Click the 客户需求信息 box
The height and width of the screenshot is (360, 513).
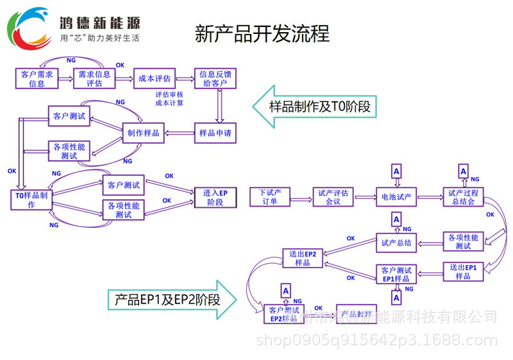[x=37, y=78]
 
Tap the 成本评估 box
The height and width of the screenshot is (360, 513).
[x=154, y=78]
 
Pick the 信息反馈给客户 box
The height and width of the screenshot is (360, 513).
[x=216, y=78]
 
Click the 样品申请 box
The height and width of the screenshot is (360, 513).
[x=215, y=133]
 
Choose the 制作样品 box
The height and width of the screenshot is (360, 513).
[x=144, y=133]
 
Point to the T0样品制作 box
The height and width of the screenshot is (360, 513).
[x=31, y=200]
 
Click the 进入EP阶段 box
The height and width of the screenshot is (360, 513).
[x=215, y=197]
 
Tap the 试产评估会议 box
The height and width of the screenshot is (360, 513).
[x=333, y=197]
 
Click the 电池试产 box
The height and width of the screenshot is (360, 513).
[x=396, y=197]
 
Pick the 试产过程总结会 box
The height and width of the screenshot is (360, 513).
[x=463, y=197]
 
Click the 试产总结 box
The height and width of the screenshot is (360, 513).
[x=396, y=243]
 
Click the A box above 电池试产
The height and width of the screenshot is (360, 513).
[x=396, y=171]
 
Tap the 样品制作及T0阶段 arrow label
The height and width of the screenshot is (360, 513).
[x=314, y=107]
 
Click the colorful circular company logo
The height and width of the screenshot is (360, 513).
[x=29, y=29]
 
